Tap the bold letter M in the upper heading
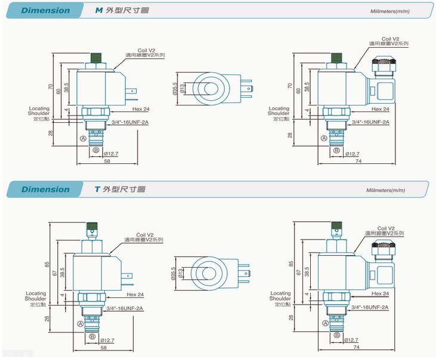[99, 10]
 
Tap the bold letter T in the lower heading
[97, 190]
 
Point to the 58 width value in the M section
[107, 162]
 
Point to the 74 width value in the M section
[358, 162]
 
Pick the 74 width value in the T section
[357, 346]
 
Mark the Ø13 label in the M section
[183, 89]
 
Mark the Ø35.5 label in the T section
[174, 273]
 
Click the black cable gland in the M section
[382, 61]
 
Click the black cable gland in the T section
[382, 246]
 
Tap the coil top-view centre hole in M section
[211, 89]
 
